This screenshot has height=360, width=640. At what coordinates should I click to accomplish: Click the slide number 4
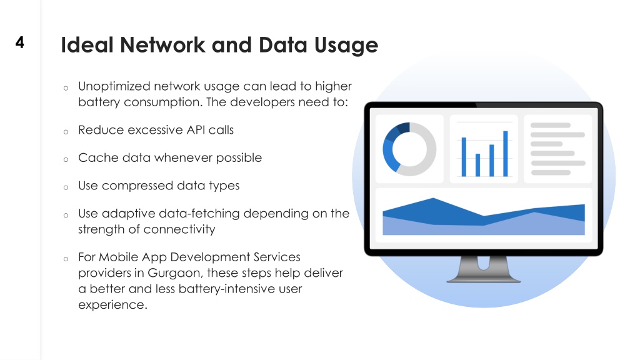point(19,42)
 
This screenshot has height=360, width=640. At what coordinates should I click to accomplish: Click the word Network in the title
point(162,44)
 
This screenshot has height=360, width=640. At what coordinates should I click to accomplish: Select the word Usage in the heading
point(346,45)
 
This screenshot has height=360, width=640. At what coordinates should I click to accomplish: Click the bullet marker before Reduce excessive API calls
point(66,132)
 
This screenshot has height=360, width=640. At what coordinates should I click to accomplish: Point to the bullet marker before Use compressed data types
point(66,187)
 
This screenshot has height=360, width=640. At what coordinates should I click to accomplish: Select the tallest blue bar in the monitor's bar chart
point(505,154)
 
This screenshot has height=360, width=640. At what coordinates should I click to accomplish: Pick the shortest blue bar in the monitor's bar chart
point(477,165)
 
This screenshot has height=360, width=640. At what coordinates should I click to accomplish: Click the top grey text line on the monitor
point(550,125)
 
